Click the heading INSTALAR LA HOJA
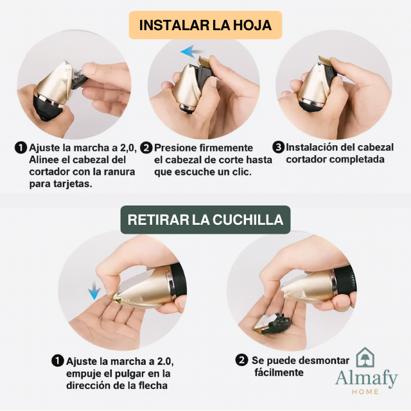click(x=205, y=25)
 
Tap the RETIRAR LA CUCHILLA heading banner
click(x=205, y=220)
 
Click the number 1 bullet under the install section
click(x=21, y=148)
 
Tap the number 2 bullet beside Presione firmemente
click(x=146, y=148)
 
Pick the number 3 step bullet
click(x=278, y=147)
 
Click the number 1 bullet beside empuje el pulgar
click(x=58, y=361)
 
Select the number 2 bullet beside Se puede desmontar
click(x=241, y=360)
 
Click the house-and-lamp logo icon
click(x=365, y=357)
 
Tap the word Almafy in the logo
click(x=367, y=379)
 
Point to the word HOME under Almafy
click(x=365, y=392)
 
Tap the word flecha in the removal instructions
click(x=153, y=385)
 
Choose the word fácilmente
click(x=279, y=372)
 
